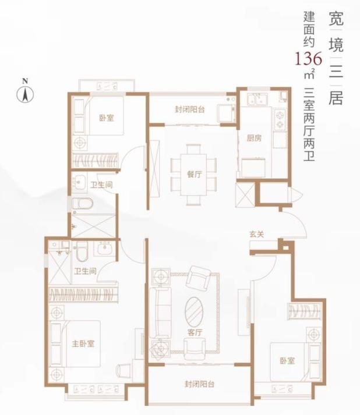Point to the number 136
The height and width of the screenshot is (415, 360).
click(306, 59)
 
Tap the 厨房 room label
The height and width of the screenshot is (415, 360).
click(254, 138)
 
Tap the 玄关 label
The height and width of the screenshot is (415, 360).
click(257, 234)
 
